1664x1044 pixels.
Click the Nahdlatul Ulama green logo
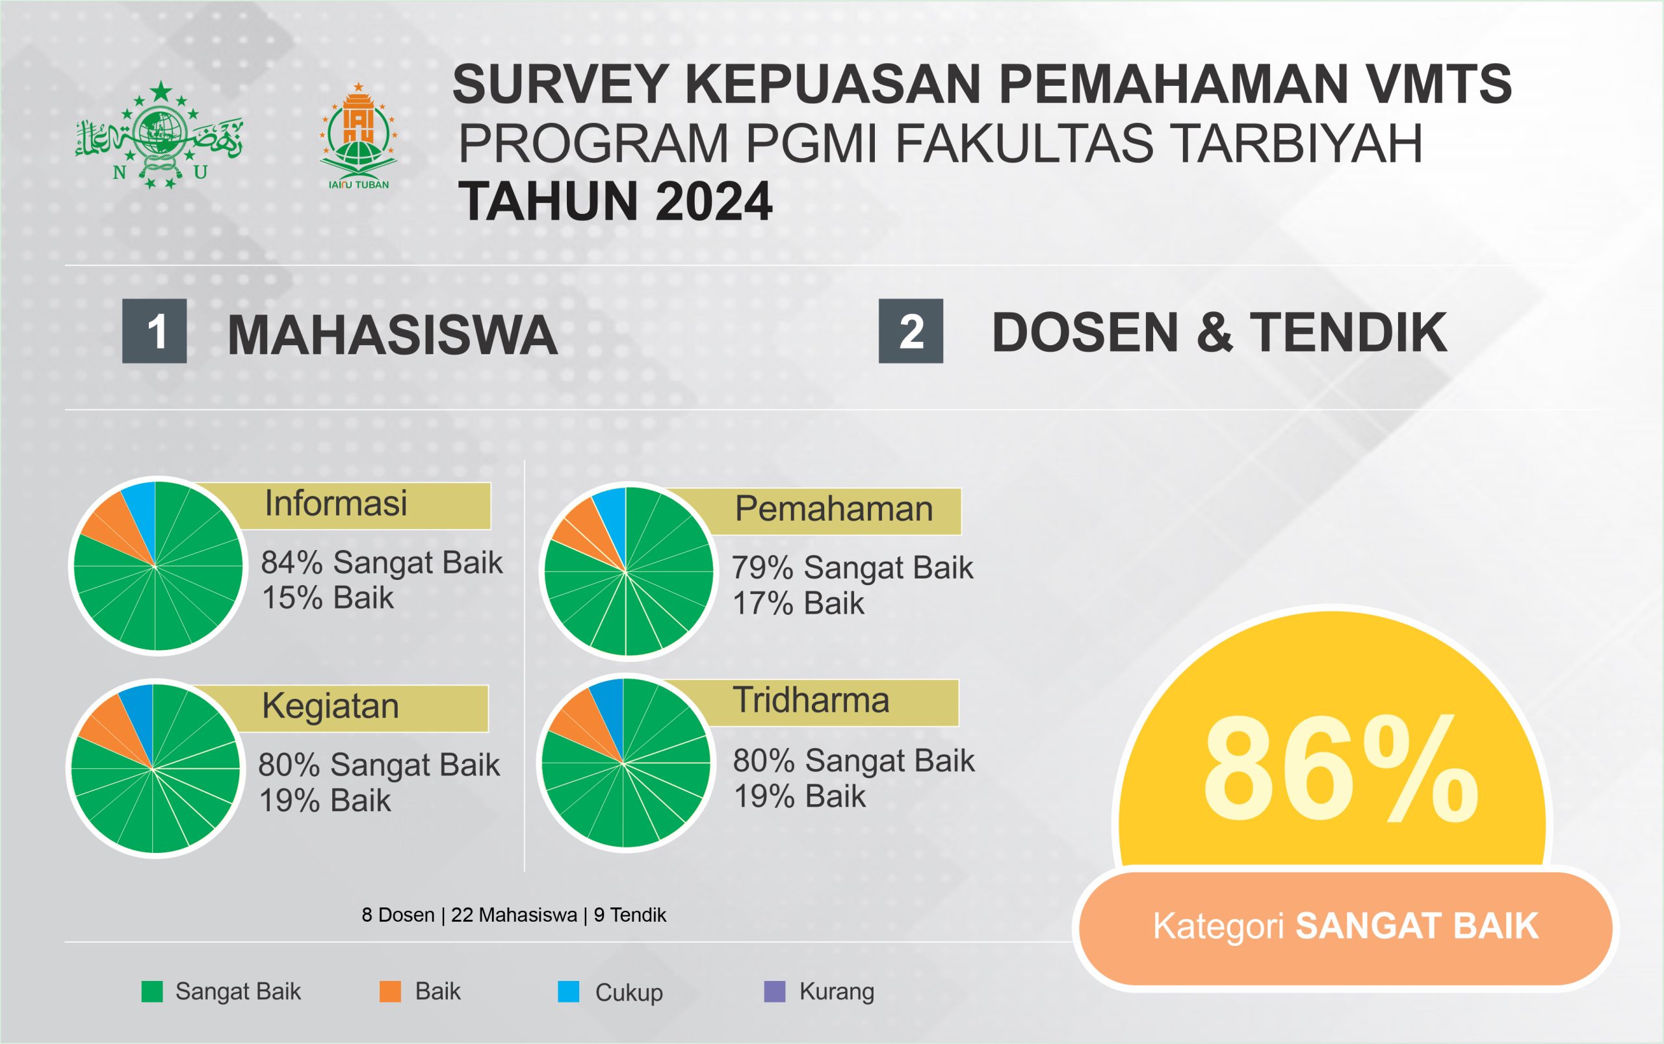coord(159,135)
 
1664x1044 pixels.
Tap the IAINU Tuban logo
coord(358,136)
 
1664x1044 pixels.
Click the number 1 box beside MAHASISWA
coord(155,331)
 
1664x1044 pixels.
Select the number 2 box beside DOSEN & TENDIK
coord(911,331)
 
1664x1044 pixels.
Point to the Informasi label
coord(335,503)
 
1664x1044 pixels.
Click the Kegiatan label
coord(331,707)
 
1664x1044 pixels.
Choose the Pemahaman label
coord(833,509)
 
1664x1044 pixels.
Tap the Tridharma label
coord(811,700)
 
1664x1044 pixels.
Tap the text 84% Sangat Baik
coord(382,563)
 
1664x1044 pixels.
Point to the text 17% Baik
coord(798,603)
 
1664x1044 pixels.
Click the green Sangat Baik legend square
coord(152,991)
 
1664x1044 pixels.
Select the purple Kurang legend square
coord(775,991)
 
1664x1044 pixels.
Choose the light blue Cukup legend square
coord(568,991)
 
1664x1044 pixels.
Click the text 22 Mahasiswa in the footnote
coord(513,915)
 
